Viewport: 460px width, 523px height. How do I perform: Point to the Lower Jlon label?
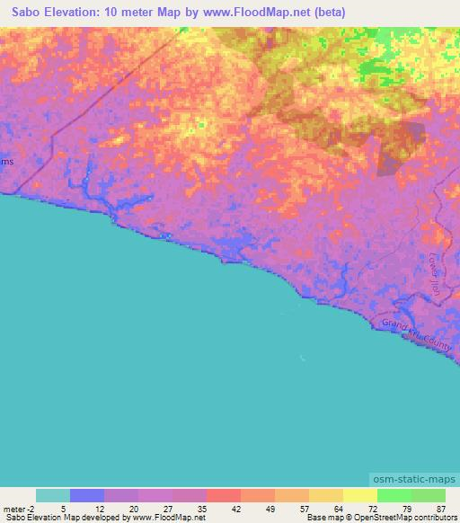tap(438, 272)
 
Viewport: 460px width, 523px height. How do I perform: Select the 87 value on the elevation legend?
tap(440, 509)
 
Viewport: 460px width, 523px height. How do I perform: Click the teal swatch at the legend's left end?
tap(53, 495)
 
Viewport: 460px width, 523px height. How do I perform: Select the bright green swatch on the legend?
tap(394, 495)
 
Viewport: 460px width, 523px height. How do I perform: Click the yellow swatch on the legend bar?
tap(360, 495)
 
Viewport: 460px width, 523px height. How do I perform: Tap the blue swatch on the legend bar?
tap(87, 495)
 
